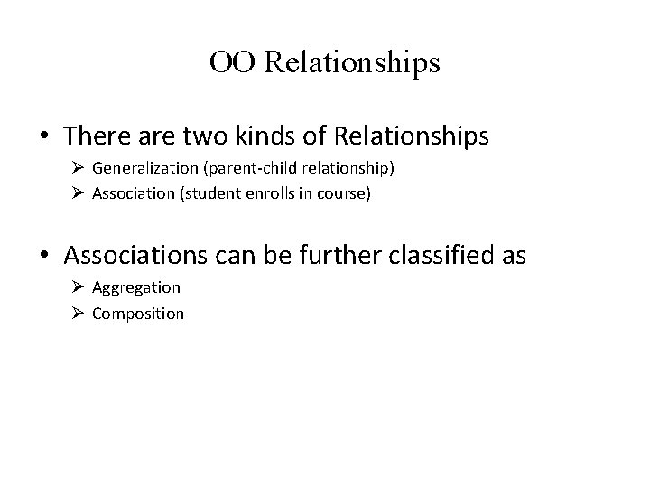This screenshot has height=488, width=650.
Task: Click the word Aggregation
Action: click(136, 287)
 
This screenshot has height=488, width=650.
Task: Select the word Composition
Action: click(138, 313)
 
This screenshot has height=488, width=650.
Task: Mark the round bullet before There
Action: click(45, 138)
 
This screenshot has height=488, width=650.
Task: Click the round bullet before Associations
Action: click(45, 258)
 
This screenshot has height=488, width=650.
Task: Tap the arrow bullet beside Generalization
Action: click(78, 168)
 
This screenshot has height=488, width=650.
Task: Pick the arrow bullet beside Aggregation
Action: click(78, 287)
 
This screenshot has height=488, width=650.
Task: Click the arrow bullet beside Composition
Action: click(78, 313)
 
